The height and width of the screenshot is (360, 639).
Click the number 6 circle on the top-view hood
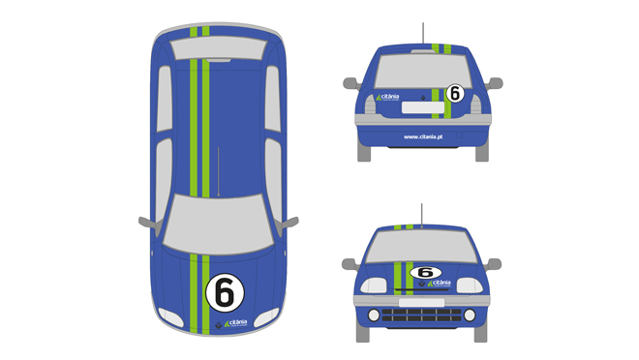point(225,291)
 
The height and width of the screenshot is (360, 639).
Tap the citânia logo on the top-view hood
point(235,322)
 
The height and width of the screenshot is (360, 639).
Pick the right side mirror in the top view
point(288,222)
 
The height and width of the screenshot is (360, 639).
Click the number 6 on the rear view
point(455,94)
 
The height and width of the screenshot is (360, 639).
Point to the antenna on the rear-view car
point(422,33)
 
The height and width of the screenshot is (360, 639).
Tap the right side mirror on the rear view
point(496,83)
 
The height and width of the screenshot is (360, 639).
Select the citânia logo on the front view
point(438,284)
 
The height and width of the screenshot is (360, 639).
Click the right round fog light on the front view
point(469,315)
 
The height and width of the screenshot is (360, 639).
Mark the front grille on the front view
point(422,315)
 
